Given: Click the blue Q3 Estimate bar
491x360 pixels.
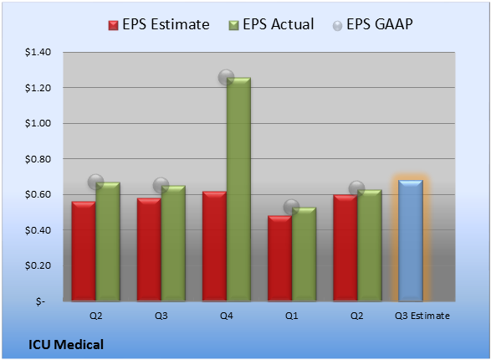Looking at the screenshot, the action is coord(411,240).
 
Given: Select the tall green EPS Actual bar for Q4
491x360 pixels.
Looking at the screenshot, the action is coord(238,189).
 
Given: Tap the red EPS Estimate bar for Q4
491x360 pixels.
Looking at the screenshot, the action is coord(214,246).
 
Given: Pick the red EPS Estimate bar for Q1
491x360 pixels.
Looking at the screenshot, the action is coord(279,259).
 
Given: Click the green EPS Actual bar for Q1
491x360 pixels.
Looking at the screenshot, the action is coord(304,255).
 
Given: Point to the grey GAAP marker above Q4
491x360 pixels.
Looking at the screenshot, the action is coord(226,77).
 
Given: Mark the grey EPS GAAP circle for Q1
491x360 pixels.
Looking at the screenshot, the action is coord(292,207).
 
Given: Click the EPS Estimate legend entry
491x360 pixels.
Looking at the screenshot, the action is coord(159,24).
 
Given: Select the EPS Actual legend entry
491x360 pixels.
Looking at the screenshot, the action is coord(271,24).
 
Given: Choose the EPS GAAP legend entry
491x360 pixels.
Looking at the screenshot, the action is coord(372,24).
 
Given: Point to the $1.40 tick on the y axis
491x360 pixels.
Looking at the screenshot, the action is coord(38,52).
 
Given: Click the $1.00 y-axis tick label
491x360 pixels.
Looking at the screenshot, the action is coord(38,123).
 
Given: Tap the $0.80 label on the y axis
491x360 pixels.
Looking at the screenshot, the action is coord(38,159).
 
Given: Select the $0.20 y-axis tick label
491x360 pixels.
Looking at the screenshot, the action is coord(38,265).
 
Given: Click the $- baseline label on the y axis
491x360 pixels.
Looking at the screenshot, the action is coord(40,301).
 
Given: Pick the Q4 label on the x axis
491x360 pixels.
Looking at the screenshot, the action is coord(227,316).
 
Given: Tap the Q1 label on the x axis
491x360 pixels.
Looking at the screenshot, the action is coord(292,316).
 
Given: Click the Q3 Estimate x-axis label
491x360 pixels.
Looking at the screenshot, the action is coord(422,316).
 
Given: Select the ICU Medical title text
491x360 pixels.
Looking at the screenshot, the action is coord(66,345).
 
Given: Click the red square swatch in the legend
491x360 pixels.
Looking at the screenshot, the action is coord(113,25).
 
